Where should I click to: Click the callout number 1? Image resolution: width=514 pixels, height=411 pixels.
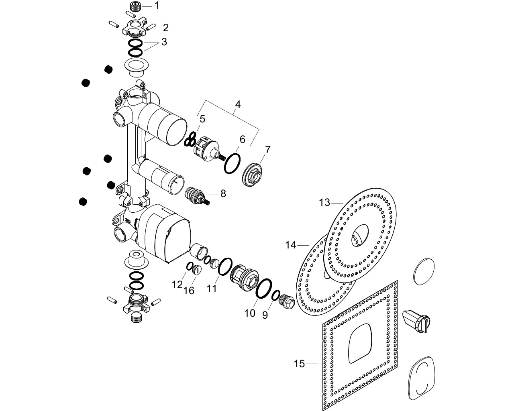pos(157,6)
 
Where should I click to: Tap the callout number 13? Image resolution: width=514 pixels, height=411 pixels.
pos(324,203)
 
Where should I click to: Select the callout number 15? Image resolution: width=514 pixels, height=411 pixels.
pos(299,364)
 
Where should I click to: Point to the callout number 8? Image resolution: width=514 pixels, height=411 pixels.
pos(223,194)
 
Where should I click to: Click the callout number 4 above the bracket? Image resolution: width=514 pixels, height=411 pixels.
pos(238,104)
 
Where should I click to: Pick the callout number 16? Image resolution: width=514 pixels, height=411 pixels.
pos(189,291)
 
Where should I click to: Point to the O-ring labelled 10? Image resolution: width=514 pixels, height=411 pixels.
pos(264,289)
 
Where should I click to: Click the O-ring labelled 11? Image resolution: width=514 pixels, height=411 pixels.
pos(225,267)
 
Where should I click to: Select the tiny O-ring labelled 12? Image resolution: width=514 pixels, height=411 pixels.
pos(190,266)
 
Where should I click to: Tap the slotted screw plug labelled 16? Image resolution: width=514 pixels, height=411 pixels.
pos(197,270)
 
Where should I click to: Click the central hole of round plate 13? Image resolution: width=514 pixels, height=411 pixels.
pos(360,235)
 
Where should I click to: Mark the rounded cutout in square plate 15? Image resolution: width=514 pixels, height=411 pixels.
pos(360,344)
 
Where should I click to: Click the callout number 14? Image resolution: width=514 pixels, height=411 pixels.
pos(291,245)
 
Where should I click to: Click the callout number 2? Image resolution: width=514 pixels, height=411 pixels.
pos(166,28)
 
